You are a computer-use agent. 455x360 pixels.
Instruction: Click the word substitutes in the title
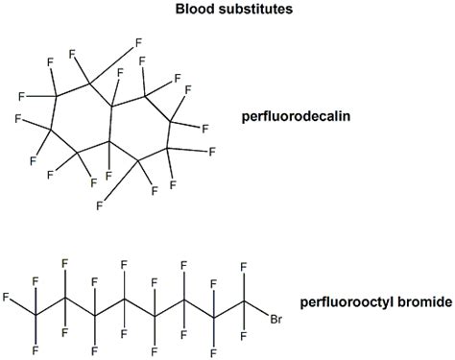(x=251, y=11)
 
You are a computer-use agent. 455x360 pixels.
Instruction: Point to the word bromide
(x=419, y=301)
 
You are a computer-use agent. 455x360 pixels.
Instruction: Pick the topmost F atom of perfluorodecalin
(x=139, y=42)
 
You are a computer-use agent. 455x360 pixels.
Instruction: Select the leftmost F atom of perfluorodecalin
(x=18, y=95)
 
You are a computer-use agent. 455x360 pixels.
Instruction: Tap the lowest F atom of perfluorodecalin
(x=99, y=204)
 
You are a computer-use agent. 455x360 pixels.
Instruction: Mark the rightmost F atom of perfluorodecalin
(x=212, y=152)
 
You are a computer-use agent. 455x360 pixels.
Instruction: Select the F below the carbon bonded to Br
(x=245, y=335)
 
